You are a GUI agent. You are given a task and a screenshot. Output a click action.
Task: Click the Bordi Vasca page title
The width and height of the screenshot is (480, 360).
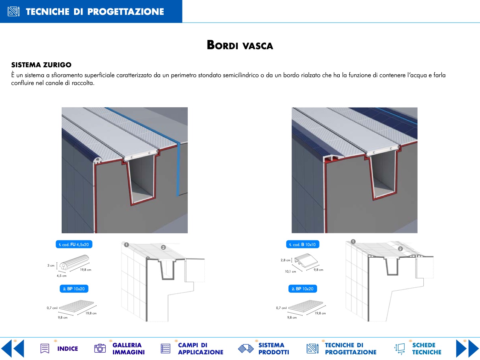tap(240, 45)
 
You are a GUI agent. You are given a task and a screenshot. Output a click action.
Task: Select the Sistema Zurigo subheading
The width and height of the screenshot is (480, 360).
tap(41, 65)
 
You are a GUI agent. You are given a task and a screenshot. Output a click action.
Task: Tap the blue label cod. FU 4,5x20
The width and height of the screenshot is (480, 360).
tap(74, 245)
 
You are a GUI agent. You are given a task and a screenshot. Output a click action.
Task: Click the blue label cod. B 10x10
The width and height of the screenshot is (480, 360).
tap(303, 245)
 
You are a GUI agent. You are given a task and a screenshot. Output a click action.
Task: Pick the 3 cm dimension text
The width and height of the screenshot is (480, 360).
tap(51, 265)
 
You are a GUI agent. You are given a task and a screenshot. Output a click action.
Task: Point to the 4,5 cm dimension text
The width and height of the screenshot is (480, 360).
tap(61, 276)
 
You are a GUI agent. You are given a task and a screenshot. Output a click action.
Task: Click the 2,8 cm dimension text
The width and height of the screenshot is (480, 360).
tap(286, 260)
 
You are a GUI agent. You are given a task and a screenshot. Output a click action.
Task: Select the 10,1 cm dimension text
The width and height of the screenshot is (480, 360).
tap(290, 272)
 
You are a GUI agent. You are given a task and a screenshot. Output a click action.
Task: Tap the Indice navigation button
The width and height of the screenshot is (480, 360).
tap(59, 349)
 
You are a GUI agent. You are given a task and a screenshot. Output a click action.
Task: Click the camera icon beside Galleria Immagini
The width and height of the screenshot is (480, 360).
tap(100, 348)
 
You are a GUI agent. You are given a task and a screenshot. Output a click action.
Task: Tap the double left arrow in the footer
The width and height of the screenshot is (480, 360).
tap(12, 348)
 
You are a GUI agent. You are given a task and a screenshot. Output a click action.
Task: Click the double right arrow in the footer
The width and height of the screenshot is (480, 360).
tap(468, 348)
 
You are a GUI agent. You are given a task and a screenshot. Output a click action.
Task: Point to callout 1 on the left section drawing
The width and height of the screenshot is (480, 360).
tap(126, 245)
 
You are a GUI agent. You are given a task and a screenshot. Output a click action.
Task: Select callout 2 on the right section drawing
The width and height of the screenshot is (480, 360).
tap(400, 249)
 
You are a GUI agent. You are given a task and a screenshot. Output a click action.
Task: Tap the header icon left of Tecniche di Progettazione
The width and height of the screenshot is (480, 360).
tap(13, 11)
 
